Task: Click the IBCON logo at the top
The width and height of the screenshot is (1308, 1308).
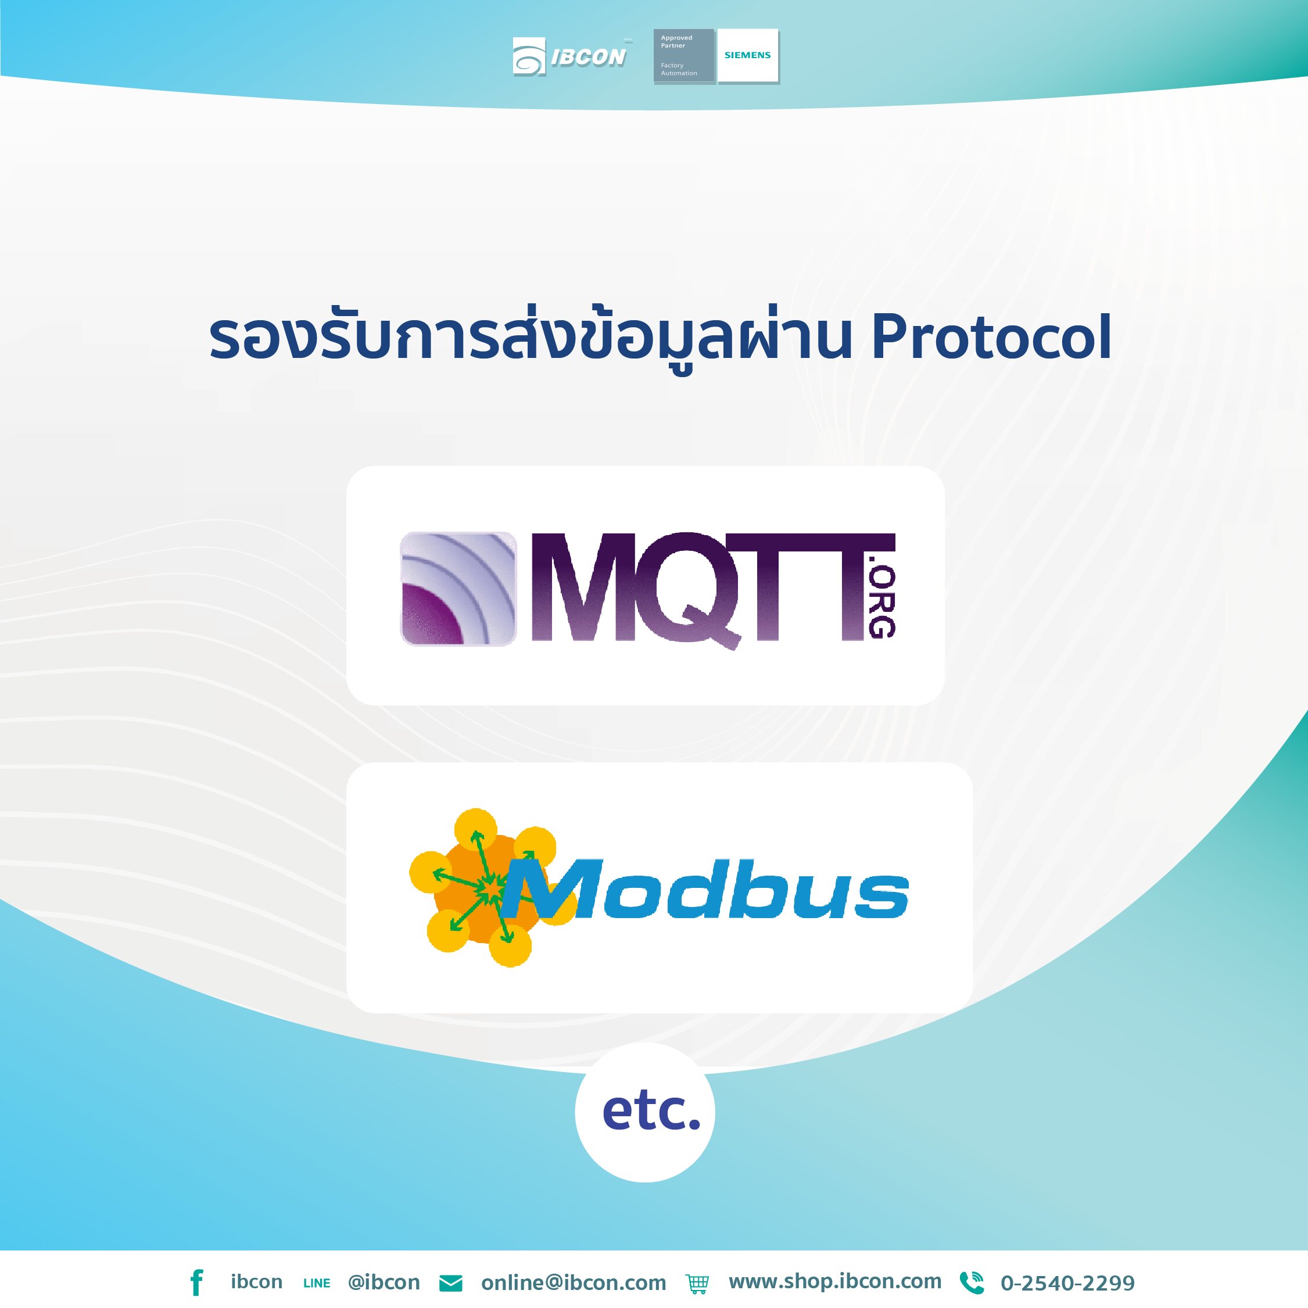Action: click(570, 57)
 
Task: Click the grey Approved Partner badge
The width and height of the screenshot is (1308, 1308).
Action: click(683, 56)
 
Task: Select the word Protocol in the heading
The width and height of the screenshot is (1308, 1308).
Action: click(991, 337)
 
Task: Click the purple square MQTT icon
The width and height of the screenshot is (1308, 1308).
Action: click(458, 588)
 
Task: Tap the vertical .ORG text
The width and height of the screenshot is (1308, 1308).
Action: click(882, 602)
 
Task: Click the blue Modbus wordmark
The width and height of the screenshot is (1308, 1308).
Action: click(708, 890)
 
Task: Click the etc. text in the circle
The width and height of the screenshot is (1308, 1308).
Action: click(651, 1111)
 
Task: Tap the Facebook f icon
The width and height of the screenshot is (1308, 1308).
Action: click(196, 1282)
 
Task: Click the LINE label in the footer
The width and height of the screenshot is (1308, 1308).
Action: click(317, 1283)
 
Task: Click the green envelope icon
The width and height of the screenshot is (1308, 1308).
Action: click(451, 1283)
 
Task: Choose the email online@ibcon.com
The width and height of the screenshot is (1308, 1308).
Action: click(574, 1282)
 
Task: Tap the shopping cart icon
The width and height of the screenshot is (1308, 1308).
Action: click(697, 1283)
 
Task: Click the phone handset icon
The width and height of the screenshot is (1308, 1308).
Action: click(972, 1282)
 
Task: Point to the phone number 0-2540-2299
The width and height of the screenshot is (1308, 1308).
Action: click(1067, 1282)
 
